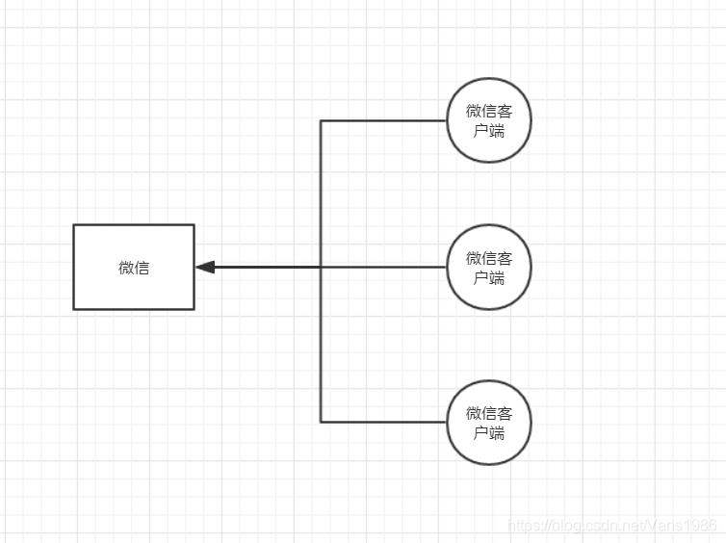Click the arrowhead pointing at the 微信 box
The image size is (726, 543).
click(204, 267)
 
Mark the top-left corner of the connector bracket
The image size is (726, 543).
click(321, 120)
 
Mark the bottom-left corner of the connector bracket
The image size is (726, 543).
click(321, 422)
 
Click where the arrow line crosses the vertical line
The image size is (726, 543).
click(321, 267)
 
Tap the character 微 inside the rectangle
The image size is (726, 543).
click(126, 268)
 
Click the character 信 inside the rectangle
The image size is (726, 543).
click(142, 268)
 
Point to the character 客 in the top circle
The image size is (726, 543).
click(506, 112)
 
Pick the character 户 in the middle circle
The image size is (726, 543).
click(481, 277)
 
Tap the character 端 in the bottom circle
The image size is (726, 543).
click(497, 432)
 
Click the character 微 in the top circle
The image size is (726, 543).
click(474, 112)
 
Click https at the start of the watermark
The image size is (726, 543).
click(522, 526)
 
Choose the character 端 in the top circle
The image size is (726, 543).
click(497, 131)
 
